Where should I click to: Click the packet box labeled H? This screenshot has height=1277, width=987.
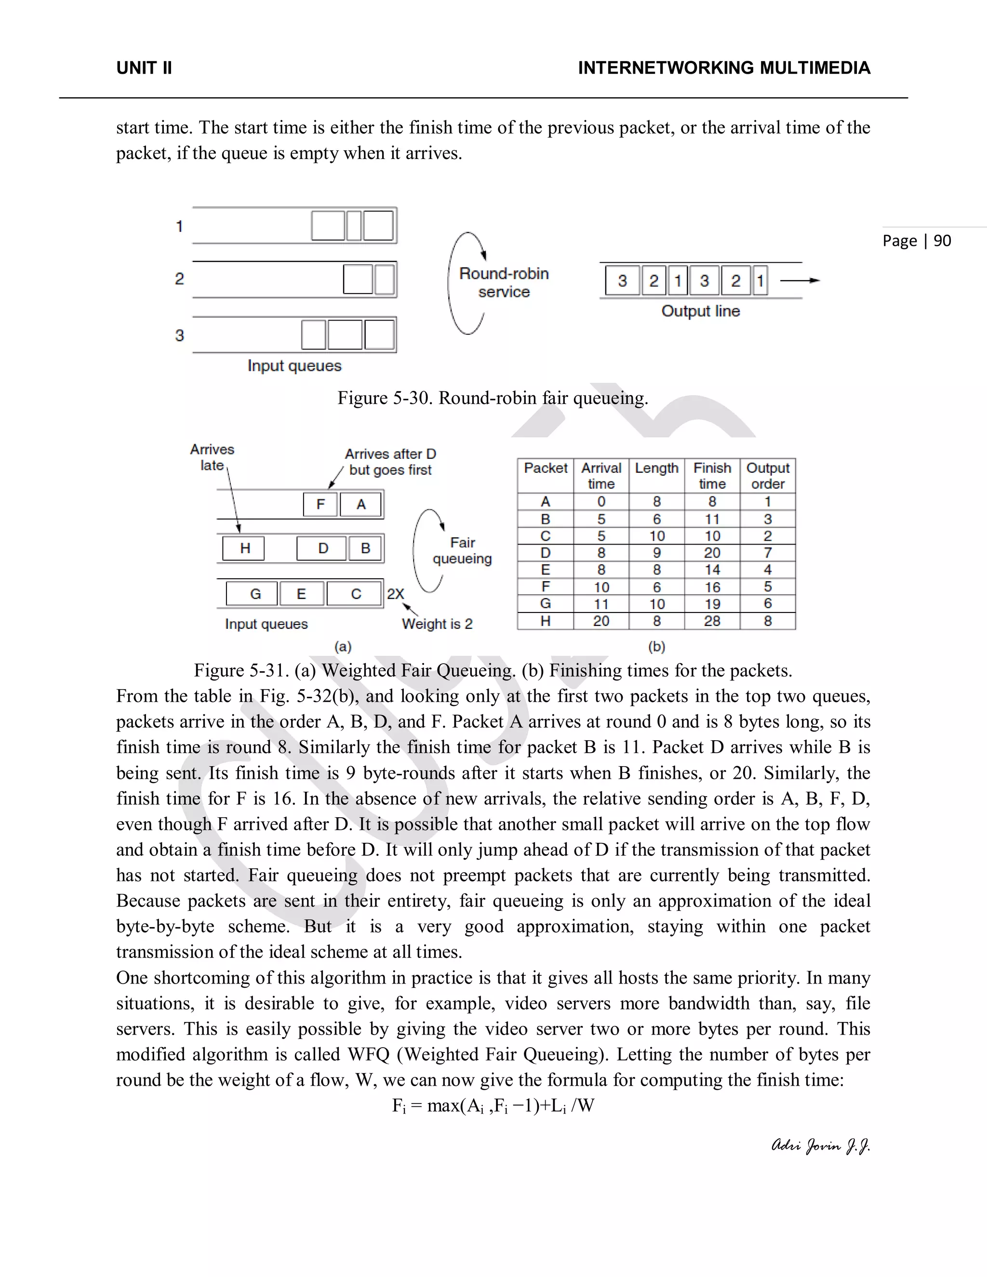[x=244, y=548]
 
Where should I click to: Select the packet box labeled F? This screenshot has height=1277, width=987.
[x=320, y=504]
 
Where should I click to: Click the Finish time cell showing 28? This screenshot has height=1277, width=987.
[x=712, y=621]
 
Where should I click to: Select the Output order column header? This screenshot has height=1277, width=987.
[x=768, y=475]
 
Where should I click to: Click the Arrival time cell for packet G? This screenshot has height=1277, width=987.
[x=601, y=604]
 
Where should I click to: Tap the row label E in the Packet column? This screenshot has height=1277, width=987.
[x=545, y=570]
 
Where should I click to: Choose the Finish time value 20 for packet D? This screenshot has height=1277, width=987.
[x=712, y=553]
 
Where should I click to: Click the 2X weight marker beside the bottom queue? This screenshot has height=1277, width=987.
[x=395, y=594]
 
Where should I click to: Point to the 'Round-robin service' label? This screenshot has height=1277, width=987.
[x=504, y=282]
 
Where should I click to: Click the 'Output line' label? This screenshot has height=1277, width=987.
[x=700, y=311]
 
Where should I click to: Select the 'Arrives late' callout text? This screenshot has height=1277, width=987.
[x=212, y=457]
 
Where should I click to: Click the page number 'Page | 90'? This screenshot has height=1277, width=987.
[x=916, y=241]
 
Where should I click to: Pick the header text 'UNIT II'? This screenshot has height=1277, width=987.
[x=144, y=68]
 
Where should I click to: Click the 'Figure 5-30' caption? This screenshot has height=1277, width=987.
[x=493, y=398]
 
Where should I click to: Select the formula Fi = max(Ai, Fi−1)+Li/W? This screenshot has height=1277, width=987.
[x=493, y=1105]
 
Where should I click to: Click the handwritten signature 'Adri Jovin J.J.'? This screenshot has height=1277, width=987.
[x=820, y=1145]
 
